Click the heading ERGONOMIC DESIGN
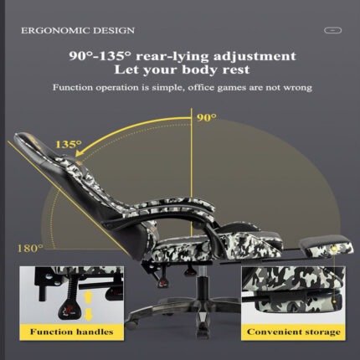pyautogui.click(x=78, y=30)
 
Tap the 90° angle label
pyautogui.click(x=207, y=118)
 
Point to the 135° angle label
pyautogui.click(x=69, y=144)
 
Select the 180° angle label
pyautogui.click(x=30, y=248)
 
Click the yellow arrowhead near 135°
pyautogui.click(x=81, y=152)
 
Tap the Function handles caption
pyautogui.click(x=72, y=332)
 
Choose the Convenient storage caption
pyautogui.click(x=294, y=332)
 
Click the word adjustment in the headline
pyautogui.click(x=255, y=56)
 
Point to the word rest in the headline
pyautogui.click(x=236, y=69)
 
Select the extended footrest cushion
pyautogui.click(x=326, y=245)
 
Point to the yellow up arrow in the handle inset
pyautogui.click(x=88, y=296)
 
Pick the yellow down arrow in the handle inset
pyautogui.click(x=88, y=314)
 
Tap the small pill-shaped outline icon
pyautogui.click(x=332, y=30)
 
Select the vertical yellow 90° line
pyautogui.click(x=191, y=172)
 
